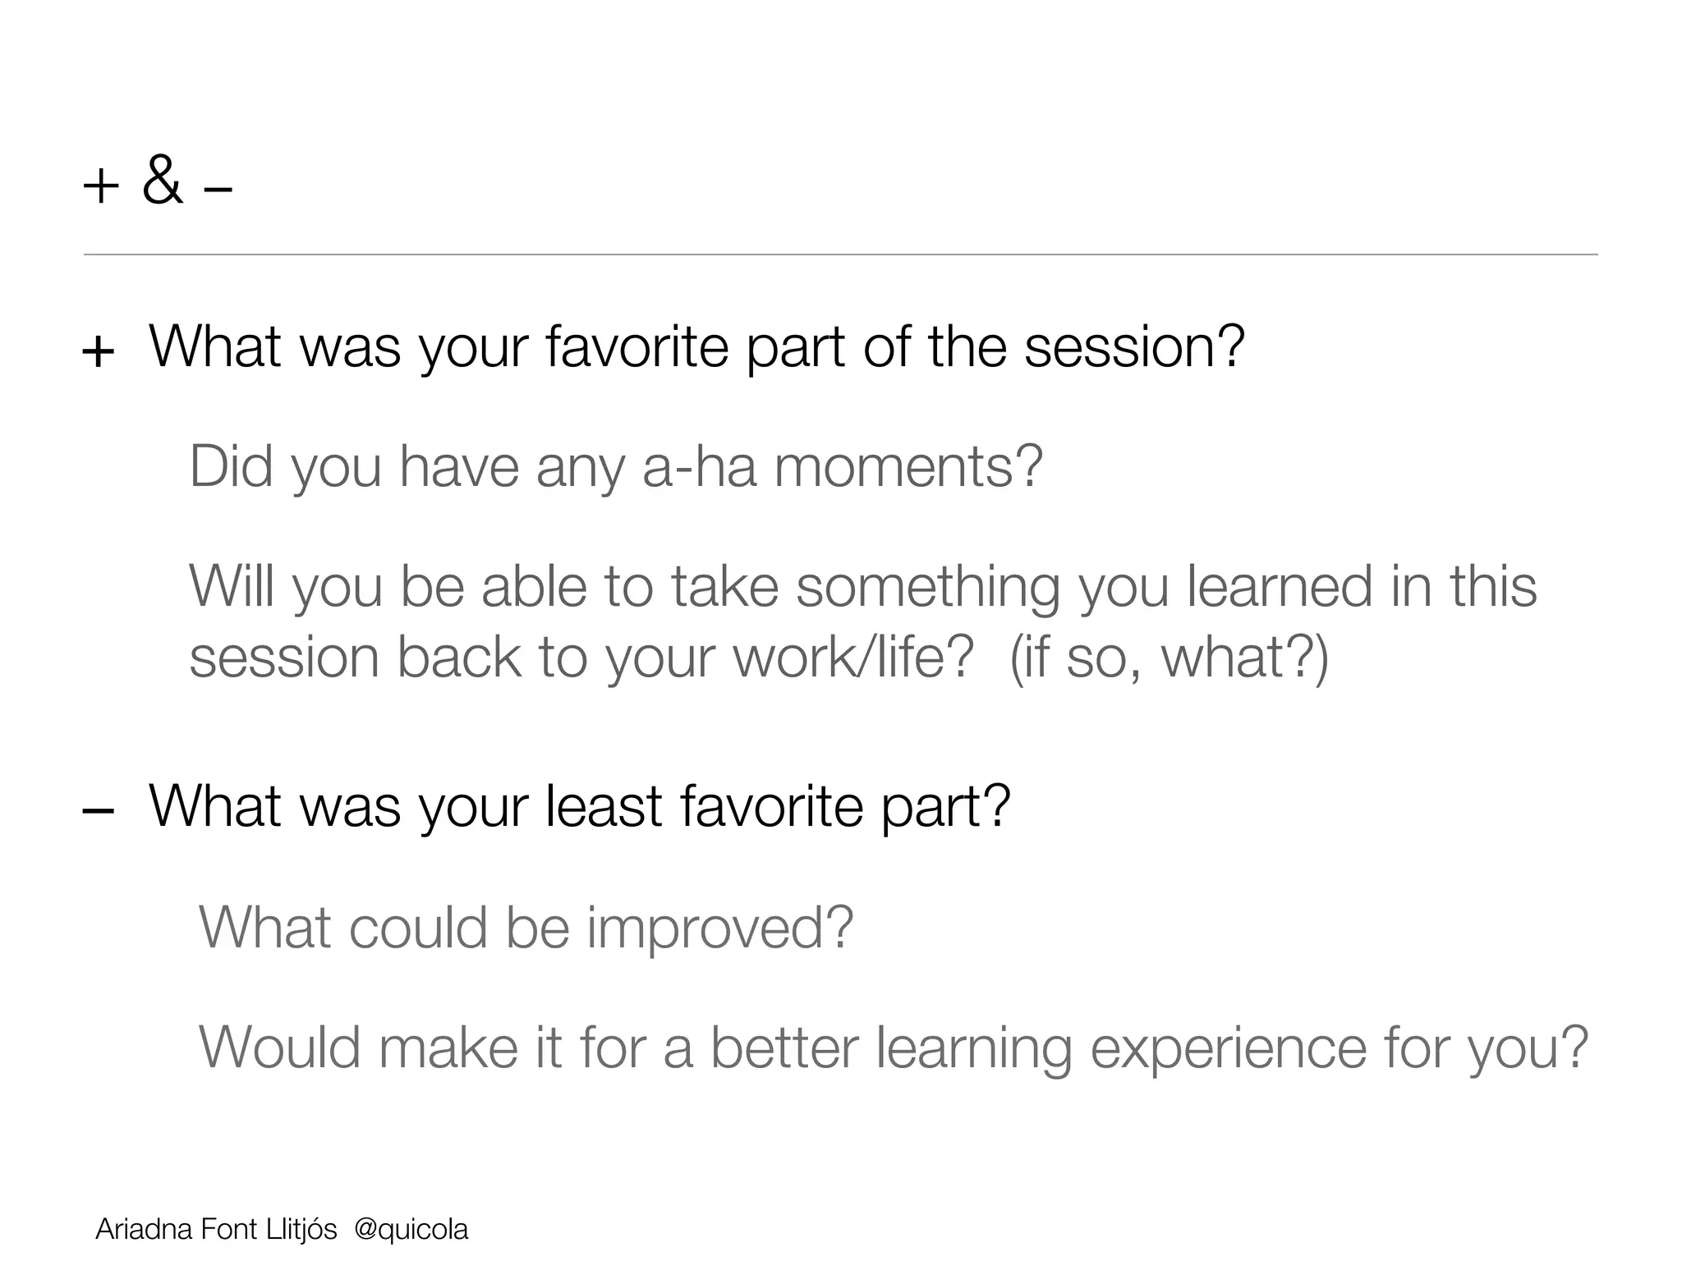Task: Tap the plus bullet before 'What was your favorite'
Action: pyautogui.click(x=99, y=352)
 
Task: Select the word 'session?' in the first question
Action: pyautogui.click(x=1134, y=348)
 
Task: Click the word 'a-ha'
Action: pyautogui.click(x=699, y=466)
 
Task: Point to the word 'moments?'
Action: pyautogui.click(x=908, y=466)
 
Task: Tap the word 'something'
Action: pyautogui.click(x=928, y=587)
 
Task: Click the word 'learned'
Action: pyautogui.click(x=1280, y=587)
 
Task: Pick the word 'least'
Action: pyautogui.click(x=604, y=806)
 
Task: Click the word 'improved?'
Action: pyautogui.click(x=719, y=928)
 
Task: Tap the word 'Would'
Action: pyautogui.click(x=280, y=1048)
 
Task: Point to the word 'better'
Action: pyautogui.click(x=784, y=1048)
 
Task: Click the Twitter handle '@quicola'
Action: pyautogui.click(x=411, y=1230)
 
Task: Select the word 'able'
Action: pyautogui.click(x=534, y=587)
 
